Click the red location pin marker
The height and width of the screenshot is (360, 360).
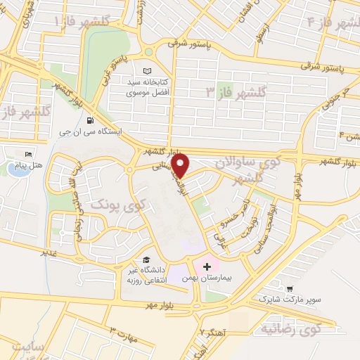181,167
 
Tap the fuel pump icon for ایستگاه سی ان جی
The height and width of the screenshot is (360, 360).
89,120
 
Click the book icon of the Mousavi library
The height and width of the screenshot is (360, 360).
147,72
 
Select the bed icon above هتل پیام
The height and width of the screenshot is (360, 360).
28,154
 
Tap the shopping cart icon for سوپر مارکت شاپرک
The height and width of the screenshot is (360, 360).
289,288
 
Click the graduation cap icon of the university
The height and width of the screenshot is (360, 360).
145,260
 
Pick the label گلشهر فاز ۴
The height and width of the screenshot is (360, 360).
333,22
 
